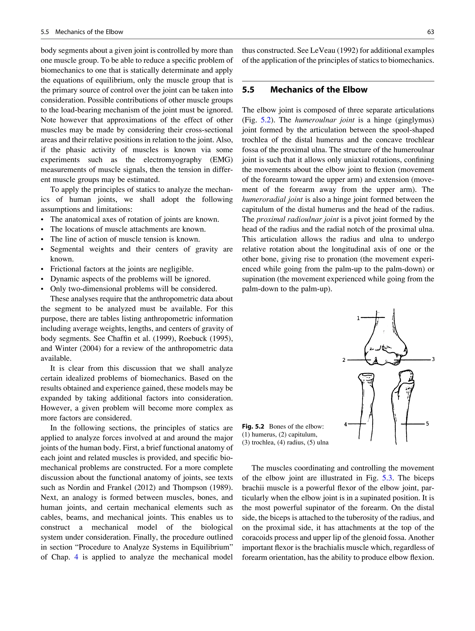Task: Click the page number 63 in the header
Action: (x=430, y=32)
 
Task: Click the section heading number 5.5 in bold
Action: (x=248, y=90)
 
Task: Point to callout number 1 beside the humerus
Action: (x=358, y=318)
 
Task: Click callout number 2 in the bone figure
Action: (x=344, y=360)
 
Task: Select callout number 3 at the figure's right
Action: (x=433, y=359)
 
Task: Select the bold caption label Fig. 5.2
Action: (x=253, y=426)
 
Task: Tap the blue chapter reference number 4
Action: (x=76, y=557)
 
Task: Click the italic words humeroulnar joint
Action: (x=325, y=120)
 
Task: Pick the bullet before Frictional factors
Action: (x=42, y=269)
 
